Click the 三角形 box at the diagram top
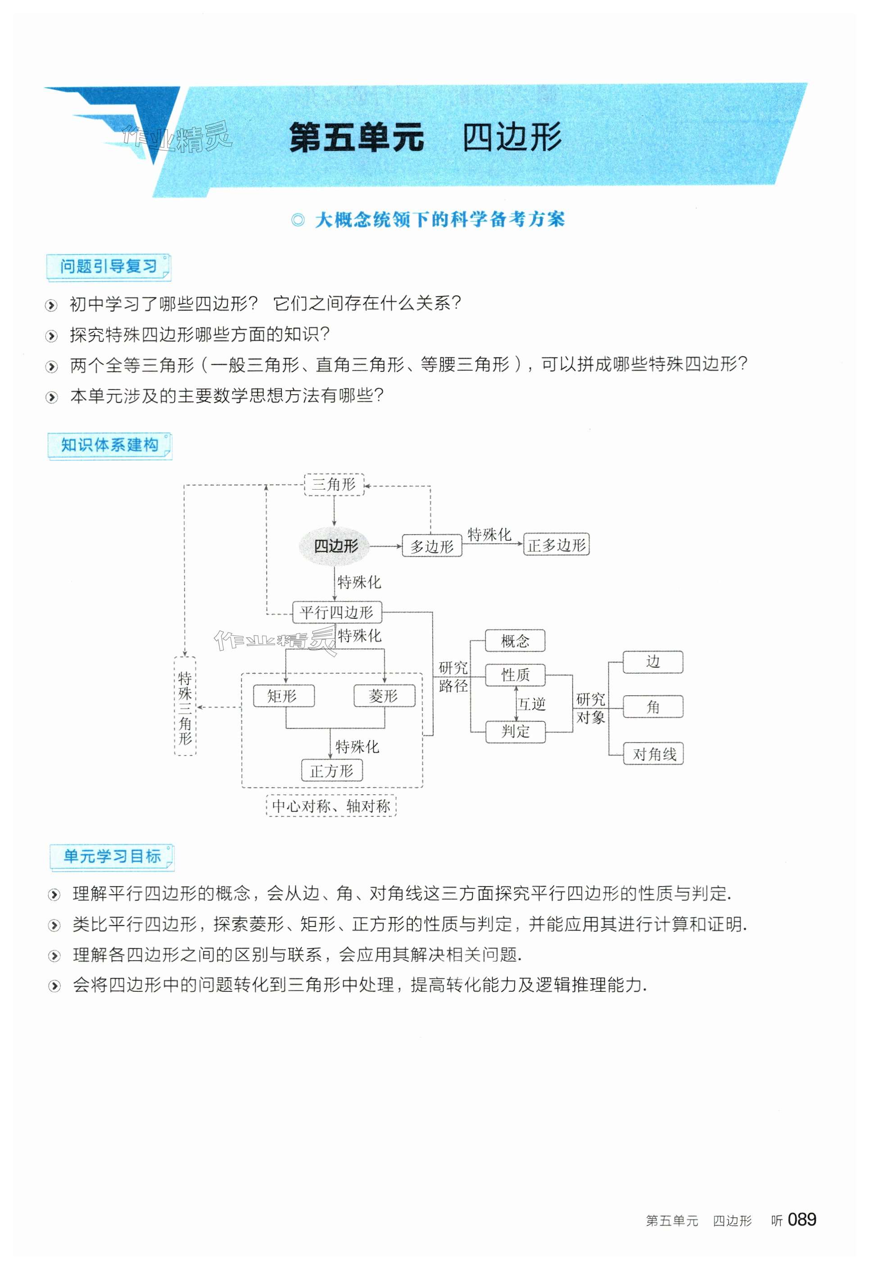pyautogui.click(x=334, y=484)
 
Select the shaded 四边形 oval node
pyautogui.click(x=335, y=545)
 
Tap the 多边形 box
pyautogui.click(x=431, y=545)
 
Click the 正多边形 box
pyautogui.click(x=556, y=545)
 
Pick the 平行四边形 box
pyautogui.click(x=336, y=612)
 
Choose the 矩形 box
pyautogui.click(x=284, y=696)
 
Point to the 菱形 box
pyautogui.click(x=384, y=696)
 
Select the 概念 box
pyautogui.click(x=515, y=640)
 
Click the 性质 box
pyautogui.click(x=515, y=675)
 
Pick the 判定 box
pyautogui.click(x=515, y=731)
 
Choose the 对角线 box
pyautogui.click(x=653, y=754)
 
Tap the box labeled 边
pyautogui.click(x=653, y=662)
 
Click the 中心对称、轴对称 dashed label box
pyautogui.click(x=331, y=806)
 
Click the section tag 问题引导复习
pyautogui.click(x=109, y=267)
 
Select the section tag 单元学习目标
pyautogui.click(x=112, y=856)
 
